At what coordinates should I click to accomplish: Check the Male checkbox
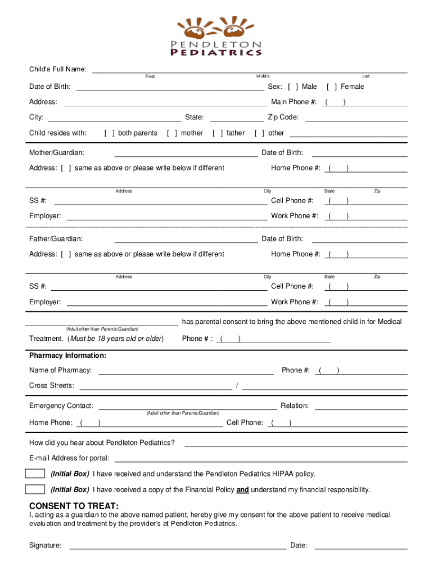click(x=293, y=87)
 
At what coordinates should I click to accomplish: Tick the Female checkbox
click(x=332, y=87)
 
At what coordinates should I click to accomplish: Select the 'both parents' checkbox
click(x=110, y=133)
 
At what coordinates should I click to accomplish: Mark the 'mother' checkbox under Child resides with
click(x=172, y=133)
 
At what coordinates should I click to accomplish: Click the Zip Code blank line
click(x=356, y=118)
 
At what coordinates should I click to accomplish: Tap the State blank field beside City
click(x=237, y=118)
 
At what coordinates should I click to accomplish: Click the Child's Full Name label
click(x=58, y=70)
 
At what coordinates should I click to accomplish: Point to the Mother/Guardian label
click(x=57, y=153)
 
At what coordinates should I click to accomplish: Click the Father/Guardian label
click(x=56, y=239)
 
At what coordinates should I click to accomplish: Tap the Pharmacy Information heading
click(x=67, y=356)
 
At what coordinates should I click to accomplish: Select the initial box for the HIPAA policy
click(x=35, y=474)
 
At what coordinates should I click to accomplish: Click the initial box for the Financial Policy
click(x=35, y=489)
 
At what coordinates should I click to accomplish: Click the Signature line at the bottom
click(x=177, y=546)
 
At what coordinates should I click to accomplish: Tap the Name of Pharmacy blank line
click(x=186, y=371)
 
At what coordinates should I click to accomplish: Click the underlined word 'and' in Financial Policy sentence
click(x=242, y=490)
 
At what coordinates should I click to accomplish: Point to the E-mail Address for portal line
click(x=260, y=458)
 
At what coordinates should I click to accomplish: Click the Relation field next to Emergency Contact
click(x=360, y=406)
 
